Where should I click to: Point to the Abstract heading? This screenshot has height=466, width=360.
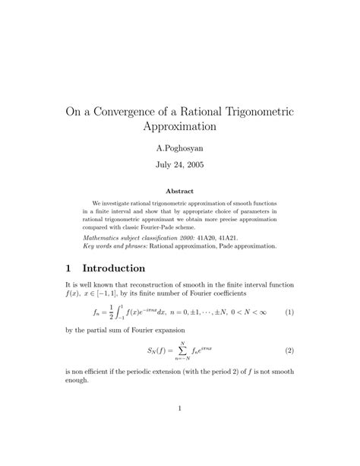(180, 191)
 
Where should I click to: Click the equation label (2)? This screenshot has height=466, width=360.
(289, 351)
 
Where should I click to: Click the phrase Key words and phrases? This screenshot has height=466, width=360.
(114, 246)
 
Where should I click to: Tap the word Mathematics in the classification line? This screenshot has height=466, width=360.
(103, 237)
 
